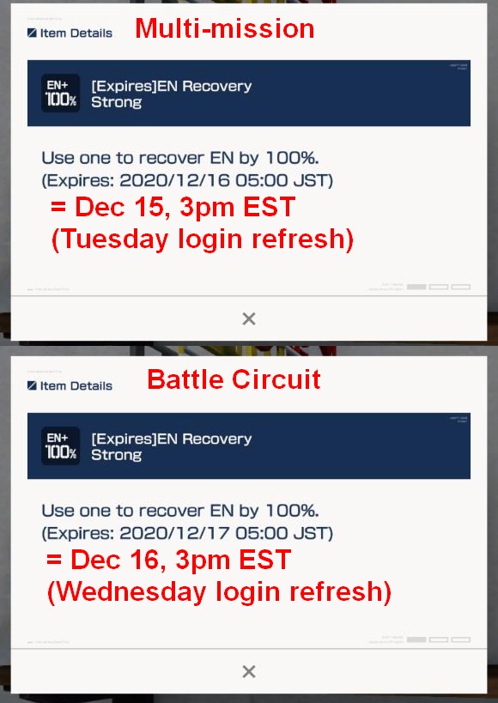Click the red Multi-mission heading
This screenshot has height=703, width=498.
[224, 29]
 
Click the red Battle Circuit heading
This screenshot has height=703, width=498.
[234, 379]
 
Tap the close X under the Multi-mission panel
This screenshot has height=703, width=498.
[249, 318]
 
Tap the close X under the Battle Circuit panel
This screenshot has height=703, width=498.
[249, 671]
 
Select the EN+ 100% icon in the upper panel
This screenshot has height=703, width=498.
[60, 94]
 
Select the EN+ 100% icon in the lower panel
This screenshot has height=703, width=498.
[60, 446]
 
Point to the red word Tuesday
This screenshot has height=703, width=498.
[112, 239]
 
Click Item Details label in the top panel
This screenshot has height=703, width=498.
[76, 33]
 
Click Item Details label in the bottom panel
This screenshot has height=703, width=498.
[76, 386]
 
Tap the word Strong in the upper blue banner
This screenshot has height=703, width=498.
[116, 102]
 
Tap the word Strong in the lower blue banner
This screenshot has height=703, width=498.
[116, 455]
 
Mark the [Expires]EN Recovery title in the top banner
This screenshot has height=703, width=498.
[171, 86]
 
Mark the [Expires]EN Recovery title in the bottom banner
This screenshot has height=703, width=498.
[171, 439]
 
